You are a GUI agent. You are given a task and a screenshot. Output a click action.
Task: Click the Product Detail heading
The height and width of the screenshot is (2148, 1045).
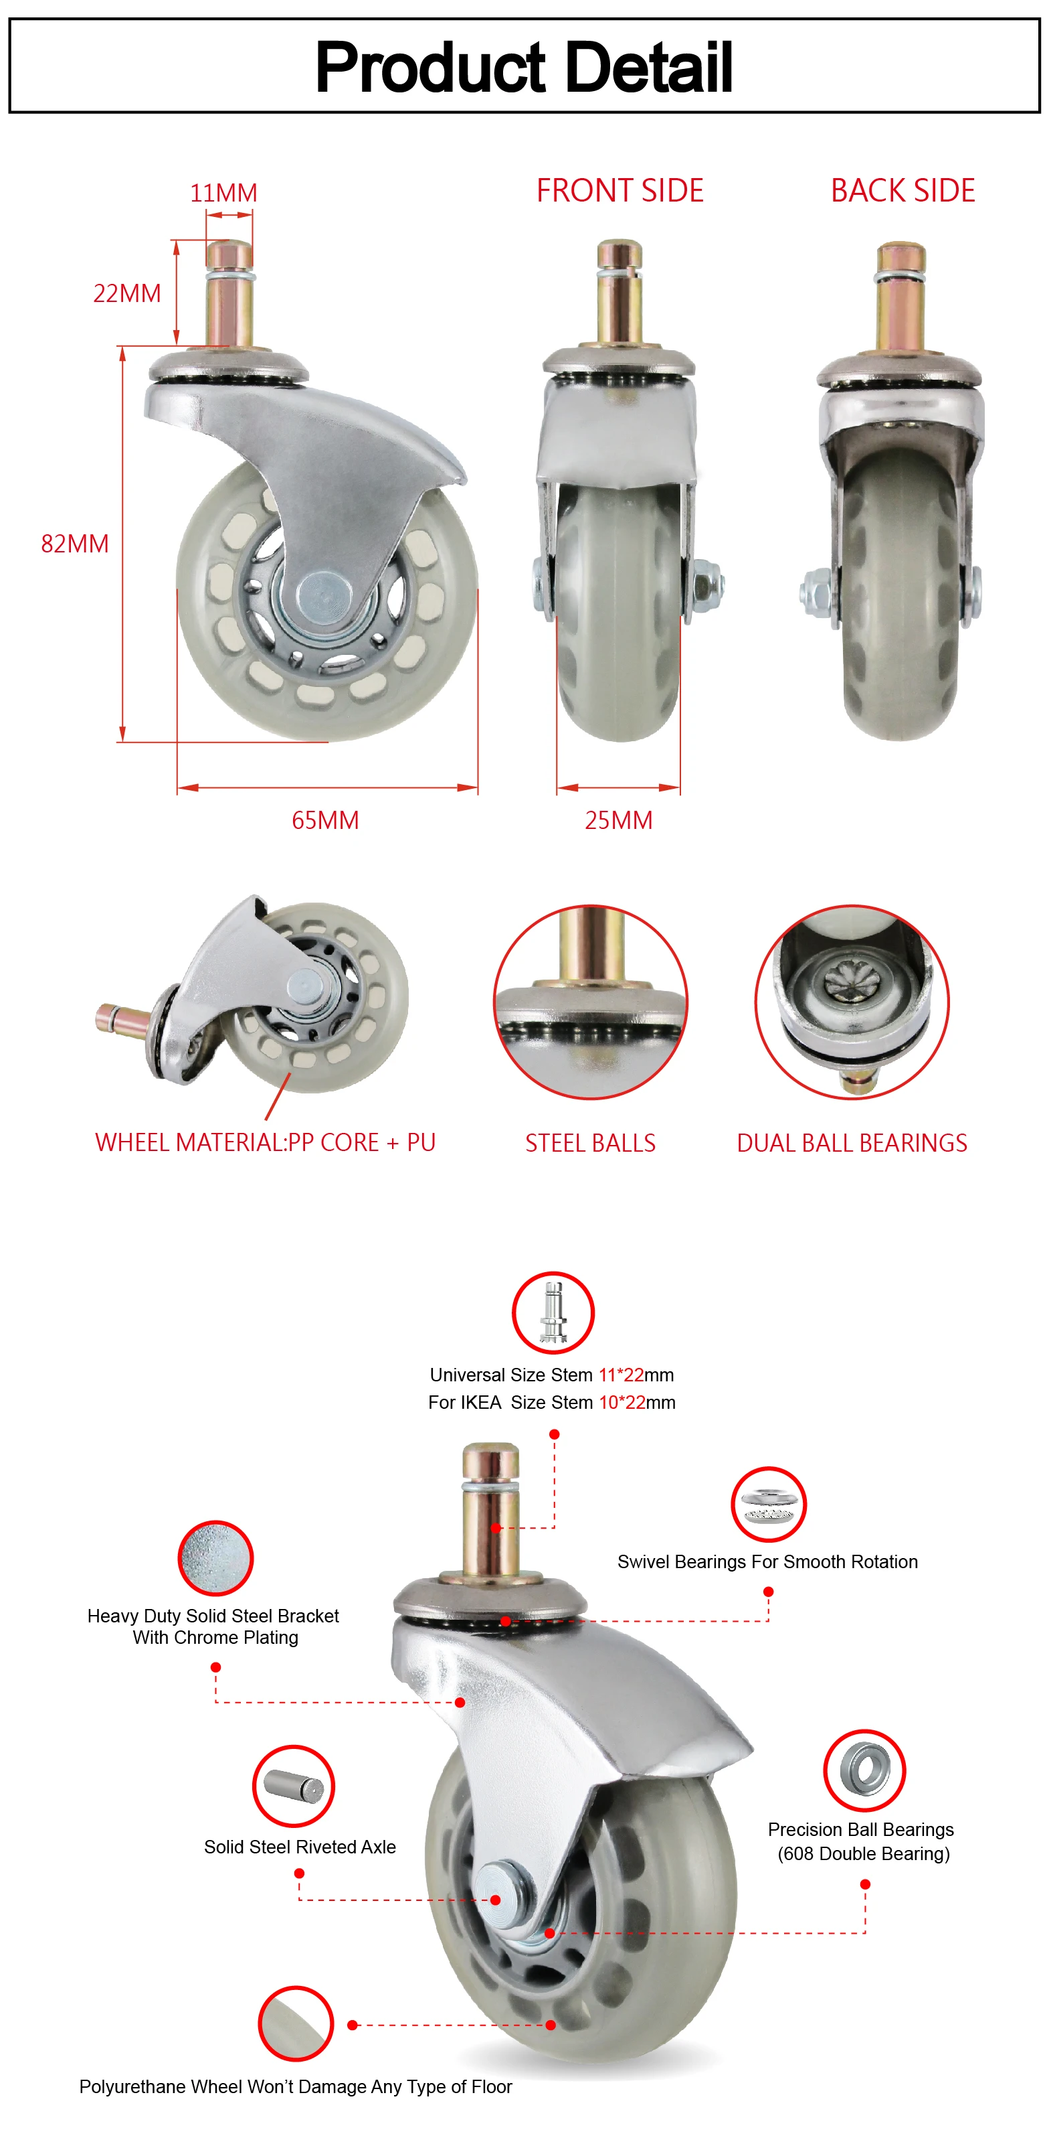coord(523,67)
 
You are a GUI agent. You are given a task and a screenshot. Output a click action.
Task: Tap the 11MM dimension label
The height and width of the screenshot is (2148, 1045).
coord(223,193)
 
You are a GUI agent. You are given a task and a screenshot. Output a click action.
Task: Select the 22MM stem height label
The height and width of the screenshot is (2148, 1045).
coord(126,293)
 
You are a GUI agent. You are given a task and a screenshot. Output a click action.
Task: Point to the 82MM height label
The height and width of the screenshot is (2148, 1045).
coord(75,544)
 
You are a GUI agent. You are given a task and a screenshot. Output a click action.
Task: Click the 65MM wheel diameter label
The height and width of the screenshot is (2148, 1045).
coord(325,820)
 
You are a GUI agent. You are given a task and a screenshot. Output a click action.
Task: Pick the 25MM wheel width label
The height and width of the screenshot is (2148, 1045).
coord(618,820)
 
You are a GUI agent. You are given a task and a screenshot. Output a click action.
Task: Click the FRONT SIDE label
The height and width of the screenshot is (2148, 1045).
coord(620,190)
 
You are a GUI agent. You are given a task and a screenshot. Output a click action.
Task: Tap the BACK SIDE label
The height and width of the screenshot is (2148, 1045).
coord(902,190)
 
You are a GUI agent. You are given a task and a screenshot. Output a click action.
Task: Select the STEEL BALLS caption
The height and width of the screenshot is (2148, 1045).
coord(590,1142)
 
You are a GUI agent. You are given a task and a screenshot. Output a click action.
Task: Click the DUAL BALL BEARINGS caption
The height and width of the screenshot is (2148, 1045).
coord(852,1142)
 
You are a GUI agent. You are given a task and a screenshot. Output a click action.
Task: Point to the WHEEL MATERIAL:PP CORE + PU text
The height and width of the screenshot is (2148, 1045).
coord(265,1142)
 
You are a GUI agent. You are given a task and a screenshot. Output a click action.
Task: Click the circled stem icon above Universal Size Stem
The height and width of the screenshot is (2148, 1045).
coord(553,1312)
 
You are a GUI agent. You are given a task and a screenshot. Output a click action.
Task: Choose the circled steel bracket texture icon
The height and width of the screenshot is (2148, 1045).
coord(215,1557)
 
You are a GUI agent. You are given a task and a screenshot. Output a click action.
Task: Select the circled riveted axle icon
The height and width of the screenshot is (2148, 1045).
coord(293,1786)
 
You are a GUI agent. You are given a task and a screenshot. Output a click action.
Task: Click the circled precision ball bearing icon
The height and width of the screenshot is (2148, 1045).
coord(864,1770)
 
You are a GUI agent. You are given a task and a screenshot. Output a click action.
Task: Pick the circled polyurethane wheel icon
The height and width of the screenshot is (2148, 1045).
coord(296,2023)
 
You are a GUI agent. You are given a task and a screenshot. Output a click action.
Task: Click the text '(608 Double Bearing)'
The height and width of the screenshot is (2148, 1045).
coord(863,1853)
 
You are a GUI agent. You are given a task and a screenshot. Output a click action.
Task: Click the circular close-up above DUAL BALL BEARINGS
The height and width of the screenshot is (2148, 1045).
coord(852,1002)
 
